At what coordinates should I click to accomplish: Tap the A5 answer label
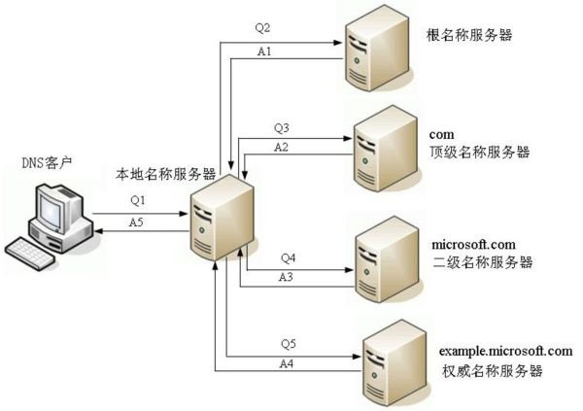click(x=138, y=223)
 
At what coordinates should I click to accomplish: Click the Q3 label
click(x=282, y=126)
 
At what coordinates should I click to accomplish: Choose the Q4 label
click(x=289, y=257)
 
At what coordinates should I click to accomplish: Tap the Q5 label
click(x=288, y=343)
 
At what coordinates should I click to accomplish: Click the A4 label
click(x=287, y=363)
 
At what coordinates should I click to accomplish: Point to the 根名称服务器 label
click(x=469, y=36)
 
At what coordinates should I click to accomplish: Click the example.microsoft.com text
click(x=506, y=350)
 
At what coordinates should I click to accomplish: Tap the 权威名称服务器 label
click(x=491, y=371)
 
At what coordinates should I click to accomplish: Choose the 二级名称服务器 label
click(x=477, y=262)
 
